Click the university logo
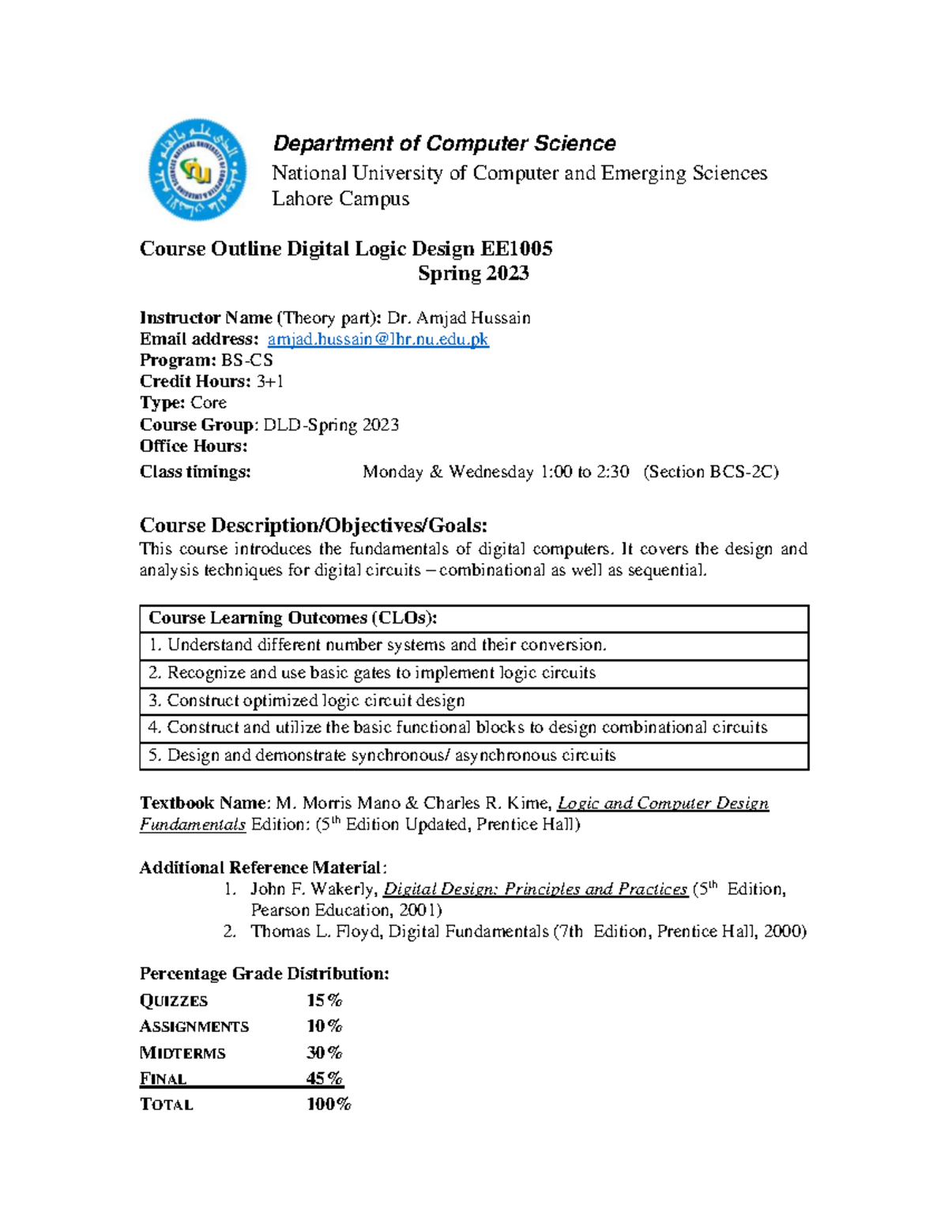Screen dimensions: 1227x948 [x=197, y=170]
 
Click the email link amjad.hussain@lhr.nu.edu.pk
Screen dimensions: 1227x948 [x=378, y=339]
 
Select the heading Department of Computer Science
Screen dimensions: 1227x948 [x=444, y=144]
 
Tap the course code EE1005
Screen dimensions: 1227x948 [x=516, y=249]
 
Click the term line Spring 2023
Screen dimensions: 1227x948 [x=473, y=273]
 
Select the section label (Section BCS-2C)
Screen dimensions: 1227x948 [x=711, y=472]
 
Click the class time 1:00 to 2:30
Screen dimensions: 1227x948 [x=585, y=472]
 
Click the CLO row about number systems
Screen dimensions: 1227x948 [x=378, y=645]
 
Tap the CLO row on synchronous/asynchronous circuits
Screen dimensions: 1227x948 [x=382, y=755]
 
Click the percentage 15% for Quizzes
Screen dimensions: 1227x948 [x=324, y=1000]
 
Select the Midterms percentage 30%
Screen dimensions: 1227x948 [x=324, y=1052]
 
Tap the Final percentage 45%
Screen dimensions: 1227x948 [x=324, y=1078]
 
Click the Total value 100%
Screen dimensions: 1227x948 [x=329, y=1104]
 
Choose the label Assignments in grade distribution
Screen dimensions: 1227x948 [x=194, y=1026]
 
